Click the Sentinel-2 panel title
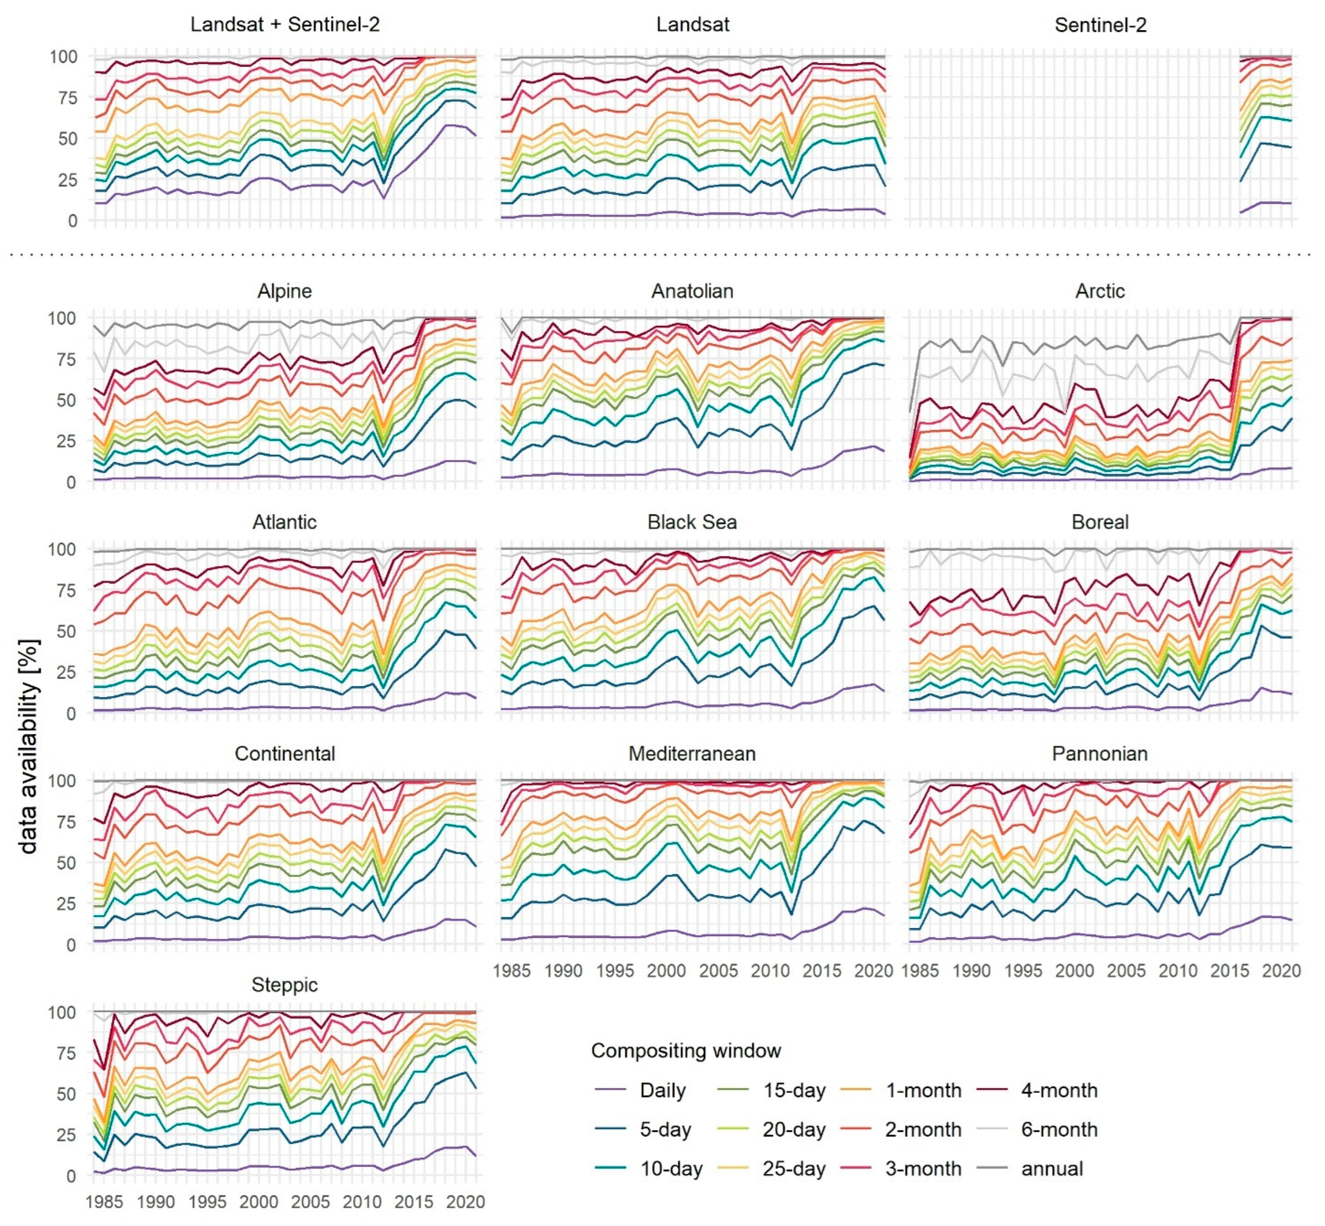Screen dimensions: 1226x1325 pos(1100,25)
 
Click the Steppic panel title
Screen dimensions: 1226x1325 pos(285,985)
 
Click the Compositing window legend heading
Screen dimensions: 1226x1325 pos(686,1051)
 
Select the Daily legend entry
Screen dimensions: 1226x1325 pos(662,1091)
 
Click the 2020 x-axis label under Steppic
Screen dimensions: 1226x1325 pos(465,1202)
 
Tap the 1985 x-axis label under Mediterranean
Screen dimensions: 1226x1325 pos(512,971)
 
